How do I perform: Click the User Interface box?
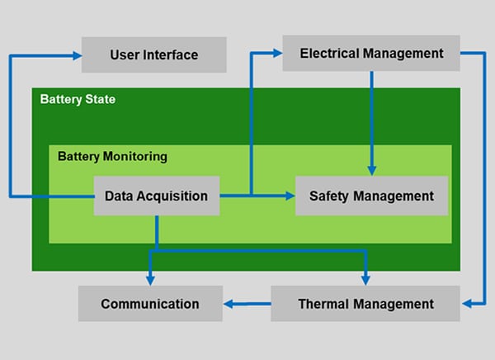pos(153,55)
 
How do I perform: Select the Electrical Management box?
pos(371,54)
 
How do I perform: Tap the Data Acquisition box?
pos(156,196)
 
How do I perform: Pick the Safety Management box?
pos(371,196)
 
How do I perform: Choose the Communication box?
pos(150,304)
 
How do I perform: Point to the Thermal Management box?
pos(365,304)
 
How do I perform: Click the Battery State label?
pos(78,99)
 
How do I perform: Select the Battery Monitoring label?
pos(112,155)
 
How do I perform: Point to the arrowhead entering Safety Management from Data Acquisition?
pos(290,196)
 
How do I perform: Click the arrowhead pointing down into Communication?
pos(150,280)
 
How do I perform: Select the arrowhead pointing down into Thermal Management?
pos(365,280)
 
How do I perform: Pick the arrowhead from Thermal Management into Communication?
pos(229,304)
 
